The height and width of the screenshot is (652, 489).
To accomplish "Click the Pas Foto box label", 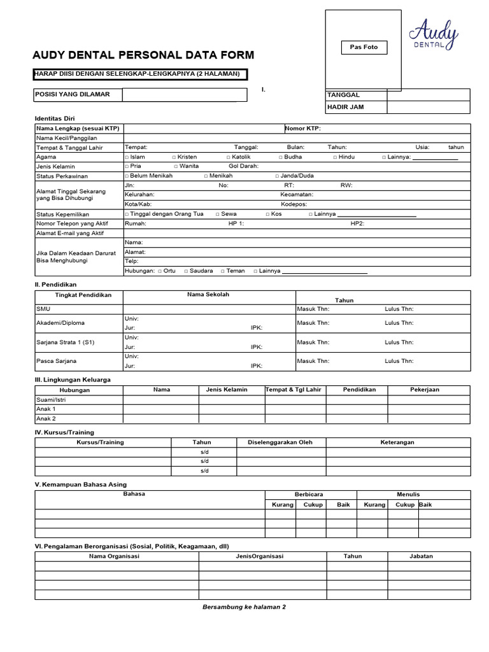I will (x=364, y=47).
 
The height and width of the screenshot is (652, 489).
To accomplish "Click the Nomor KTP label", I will (x=303, y=128).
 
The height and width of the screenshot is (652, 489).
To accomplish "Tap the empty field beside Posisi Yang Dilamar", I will (x=179, y=95).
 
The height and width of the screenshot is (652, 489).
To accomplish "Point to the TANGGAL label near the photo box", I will (x=343, y=95).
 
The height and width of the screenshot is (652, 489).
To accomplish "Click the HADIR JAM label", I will (x=345, y=107).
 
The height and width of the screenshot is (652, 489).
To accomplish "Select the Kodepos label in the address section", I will (x=294, y=204).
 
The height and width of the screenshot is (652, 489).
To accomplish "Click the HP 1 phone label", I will (x=236, y=223).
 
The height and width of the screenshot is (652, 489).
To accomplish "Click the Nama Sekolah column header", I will (x=208, y=295).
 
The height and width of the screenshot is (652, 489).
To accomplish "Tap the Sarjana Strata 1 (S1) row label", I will (x=66, y=342).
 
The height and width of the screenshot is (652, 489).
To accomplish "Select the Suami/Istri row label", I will (x=52, y=399).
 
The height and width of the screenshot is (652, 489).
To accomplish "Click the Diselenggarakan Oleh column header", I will (x=280, y=442).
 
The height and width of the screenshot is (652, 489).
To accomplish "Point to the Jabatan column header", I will (x=421, y=556).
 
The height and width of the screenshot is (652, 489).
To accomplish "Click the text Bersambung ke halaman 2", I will (x=244, y=607).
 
